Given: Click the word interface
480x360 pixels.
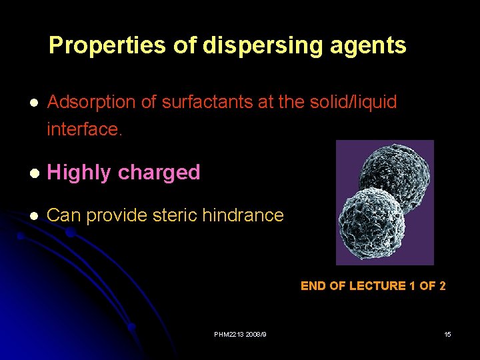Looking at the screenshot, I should (x=85, y=129).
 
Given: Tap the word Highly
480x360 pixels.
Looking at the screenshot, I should (x=79, y=173).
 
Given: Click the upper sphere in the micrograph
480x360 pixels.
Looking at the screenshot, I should (x=393, y=173).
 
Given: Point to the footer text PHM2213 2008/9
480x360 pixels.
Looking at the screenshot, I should (x=239, y=334).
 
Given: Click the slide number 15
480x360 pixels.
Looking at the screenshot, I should (x=447, y=334).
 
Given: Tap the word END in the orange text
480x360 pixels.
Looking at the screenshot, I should (x=313, y=286).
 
